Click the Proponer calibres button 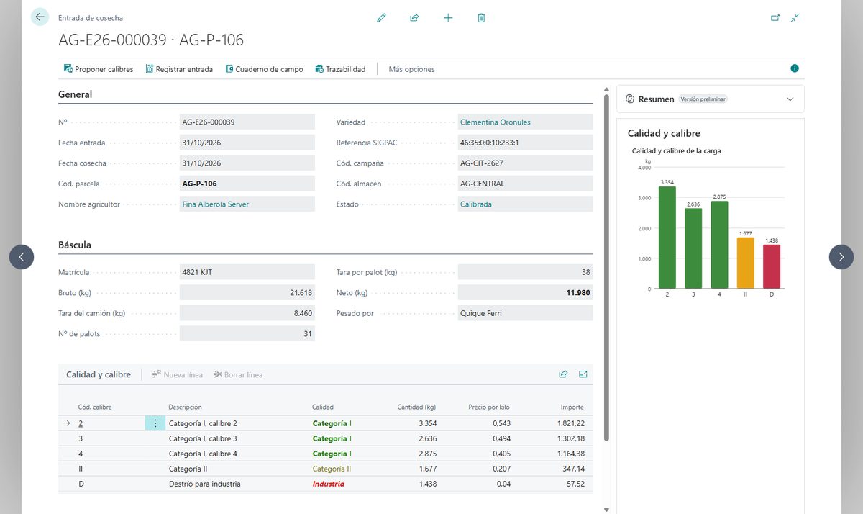coord(99,69)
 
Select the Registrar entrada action coord(179,69)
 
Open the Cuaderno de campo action coord(265,69)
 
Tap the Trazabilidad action coord(341,69)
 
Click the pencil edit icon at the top coord(381,18)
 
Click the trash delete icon coord(481,18)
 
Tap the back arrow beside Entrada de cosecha coord(40,17)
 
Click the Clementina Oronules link coord(495,122)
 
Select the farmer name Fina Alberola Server coord(215,204)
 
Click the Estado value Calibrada coord(476,204)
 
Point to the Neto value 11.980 coord(578,293)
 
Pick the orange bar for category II coord(746,263)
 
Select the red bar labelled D coord(772,266)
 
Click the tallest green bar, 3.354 coord(667,237)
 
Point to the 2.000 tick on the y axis coord(644,229)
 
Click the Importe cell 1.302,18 coord(570,438)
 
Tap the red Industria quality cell coord(328,484)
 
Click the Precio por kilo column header coord(489,407)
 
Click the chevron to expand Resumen coord(790,99)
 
